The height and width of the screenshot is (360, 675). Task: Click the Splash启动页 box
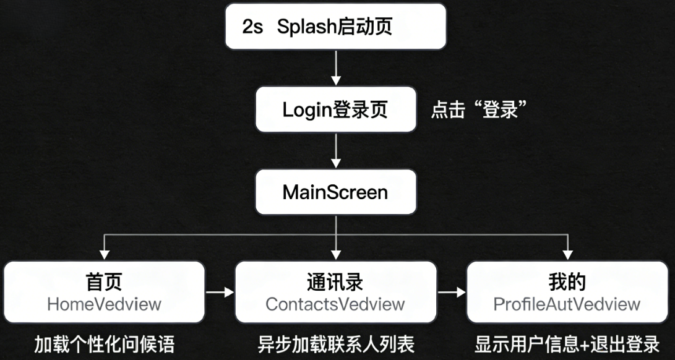pyautogui.click(x=335, y=27)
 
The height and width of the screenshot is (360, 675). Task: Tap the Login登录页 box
pyautogui.click(x=335, y=110)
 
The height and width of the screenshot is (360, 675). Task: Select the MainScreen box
pyautogui.click(x=335, y=192)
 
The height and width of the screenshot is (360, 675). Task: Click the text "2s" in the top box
pyautogui.click(x=253, y=27)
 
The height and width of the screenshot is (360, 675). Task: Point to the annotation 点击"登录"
pyautogui.click(x=478, y=111)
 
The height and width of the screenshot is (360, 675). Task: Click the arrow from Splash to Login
pyautogui.click(x=335, y=69)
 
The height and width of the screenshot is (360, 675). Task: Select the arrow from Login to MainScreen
pyautogui.click(x=335, y=151)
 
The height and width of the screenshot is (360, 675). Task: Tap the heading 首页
pyautogui.click(x=104, y=282)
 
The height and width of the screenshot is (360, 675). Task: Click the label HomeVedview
pyautogui.click(x=104, y=304)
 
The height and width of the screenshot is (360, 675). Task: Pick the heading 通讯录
pyautogui.click(x=335, y=282)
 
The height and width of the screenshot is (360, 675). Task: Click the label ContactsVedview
pyautogui.click(x=335, y=304)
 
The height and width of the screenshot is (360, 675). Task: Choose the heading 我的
pyautogui.click(x=567, y=282)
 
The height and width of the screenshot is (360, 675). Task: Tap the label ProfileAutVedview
pyautogui.click(x=567, y=304)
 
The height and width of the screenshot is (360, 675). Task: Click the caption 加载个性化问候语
pyautogui.click(x=104, y=343)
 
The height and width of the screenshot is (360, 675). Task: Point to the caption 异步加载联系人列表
pyautogui.click(x=335, y=343)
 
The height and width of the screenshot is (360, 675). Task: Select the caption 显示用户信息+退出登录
pyautogui.click(x=567, y=343)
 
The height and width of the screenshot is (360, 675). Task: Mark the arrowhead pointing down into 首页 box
pyautogui.click(x=104, y=254)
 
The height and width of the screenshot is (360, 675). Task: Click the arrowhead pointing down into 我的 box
pyautogui.click(x=567, y=254)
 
